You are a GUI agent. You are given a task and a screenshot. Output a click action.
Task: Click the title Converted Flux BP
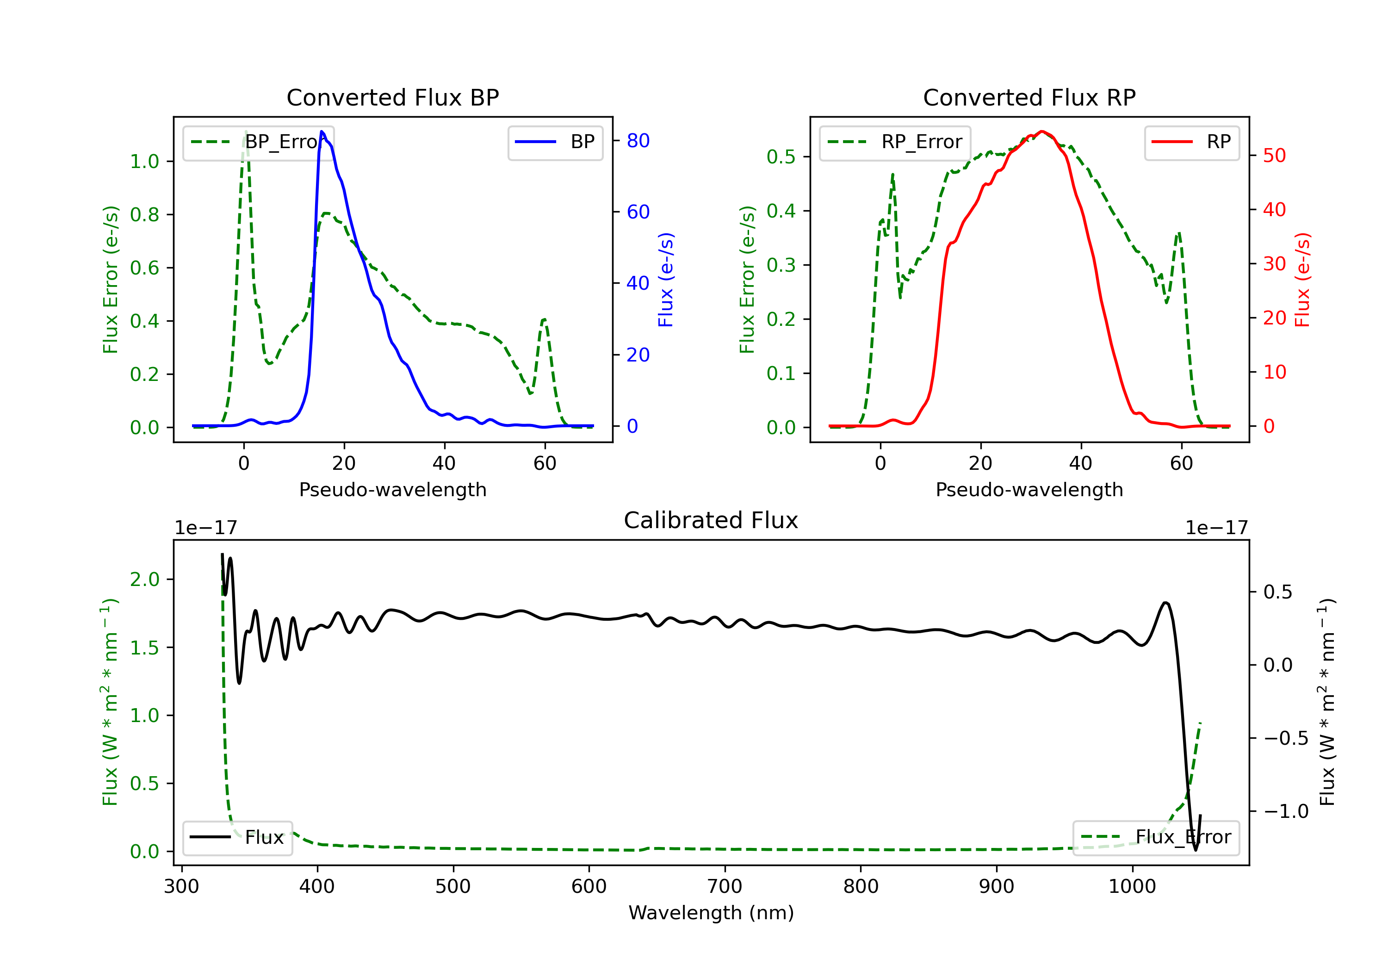pos(392,97)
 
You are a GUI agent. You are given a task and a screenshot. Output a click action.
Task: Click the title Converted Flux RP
pos(1029,97)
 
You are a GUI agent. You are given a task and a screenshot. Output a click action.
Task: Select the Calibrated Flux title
pos(711,520)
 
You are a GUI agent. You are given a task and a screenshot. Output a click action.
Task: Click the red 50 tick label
pos(1274,156)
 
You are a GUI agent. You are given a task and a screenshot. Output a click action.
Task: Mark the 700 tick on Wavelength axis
pos(725,887)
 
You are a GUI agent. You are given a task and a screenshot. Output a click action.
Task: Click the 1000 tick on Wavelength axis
pos(1132,887)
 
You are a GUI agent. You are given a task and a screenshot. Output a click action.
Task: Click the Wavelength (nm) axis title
pos(711,913)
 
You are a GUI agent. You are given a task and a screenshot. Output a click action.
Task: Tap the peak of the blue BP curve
pos(322,131)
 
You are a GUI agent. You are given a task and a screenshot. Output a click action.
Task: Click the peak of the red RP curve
pos(1041,131)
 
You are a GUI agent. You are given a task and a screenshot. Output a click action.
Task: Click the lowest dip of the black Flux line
pos(1195,850)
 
